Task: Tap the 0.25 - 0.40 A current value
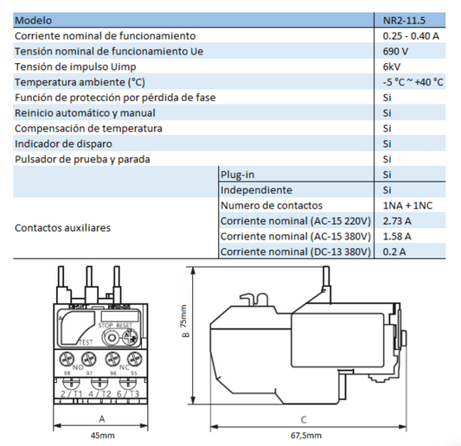(x=410, y=35)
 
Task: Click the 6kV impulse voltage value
(x=391, y=67)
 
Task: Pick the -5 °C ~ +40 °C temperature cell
(x=413, y=82)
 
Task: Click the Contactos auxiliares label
(x=62, y=228)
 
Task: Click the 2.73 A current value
(x=397, y=220)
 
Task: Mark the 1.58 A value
(x=397, y=236)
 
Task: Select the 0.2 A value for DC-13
(x=394, y=252)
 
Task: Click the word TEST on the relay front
(x=86, y=342)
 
